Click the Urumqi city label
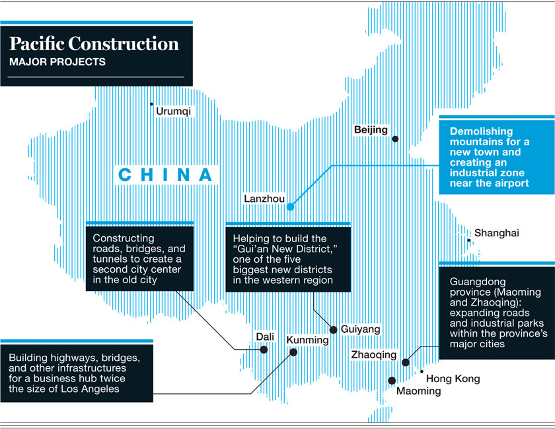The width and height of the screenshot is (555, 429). (173, 112)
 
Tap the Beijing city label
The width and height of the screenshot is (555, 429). (371, 129)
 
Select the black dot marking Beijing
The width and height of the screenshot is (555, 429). (395, 139)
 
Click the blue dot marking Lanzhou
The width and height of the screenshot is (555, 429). (290, 207)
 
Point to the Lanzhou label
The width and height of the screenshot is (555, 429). (264, 198)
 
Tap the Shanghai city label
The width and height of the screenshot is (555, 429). (497, 232)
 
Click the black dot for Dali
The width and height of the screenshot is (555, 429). (264, 349)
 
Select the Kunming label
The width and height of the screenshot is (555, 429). (307, 340)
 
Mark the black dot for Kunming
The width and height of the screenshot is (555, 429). (293, 352)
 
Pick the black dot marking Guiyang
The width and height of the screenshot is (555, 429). (334, 329)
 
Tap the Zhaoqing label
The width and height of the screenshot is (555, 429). (374, 355)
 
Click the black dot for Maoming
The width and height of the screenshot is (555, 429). (392, 380)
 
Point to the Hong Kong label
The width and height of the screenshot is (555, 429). (453, 379)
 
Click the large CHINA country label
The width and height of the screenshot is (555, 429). (166, 175)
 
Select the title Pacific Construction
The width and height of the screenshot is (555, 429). (94, 44)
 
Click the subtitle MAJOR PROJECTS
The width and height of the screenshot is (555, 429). (57, 63)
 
